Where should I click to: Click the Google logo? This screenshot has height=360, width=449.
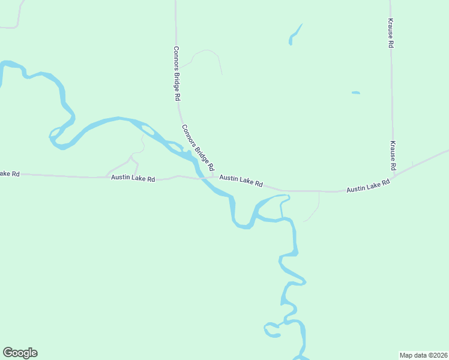click(x=20, y=353)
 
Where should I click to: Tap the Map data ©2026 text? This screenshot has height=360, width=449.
click(x=423, y=355)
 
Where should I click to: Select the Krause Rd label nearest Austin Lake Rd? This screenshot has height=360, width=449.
click(x=393, y=155)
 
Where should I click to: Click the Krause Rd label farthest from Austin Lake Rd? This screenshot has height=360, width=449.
click(x=390, y=33)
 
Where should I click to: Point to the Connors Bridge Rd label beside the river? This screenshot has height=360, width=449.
click(x=198, y=148)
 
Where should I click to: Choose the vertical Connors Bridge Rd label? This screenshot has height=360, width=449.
click(x=176, y=73)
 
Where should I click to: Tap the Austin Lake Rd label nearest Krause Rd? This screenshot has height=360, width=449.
click(x=368, y=188)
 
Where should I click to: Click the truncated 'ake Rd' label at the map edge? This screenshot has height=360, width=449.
click(x=10, y=173)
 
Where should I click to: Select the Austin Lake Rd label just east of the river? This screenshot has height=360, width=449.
click(x=241, y=180)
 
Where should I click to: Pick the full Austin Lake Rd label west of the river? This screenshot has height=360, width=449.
click(x=133, y=179)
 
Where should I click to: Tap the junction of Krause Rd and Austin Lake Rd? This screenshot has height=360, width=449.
click(x=394, y=178)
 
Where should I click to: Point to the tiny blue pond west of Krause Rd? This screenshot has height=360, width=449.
click(x=355, y=92)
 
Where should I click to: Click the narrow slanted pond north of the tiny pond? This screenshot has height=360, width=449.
click(x=295, y=35)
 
